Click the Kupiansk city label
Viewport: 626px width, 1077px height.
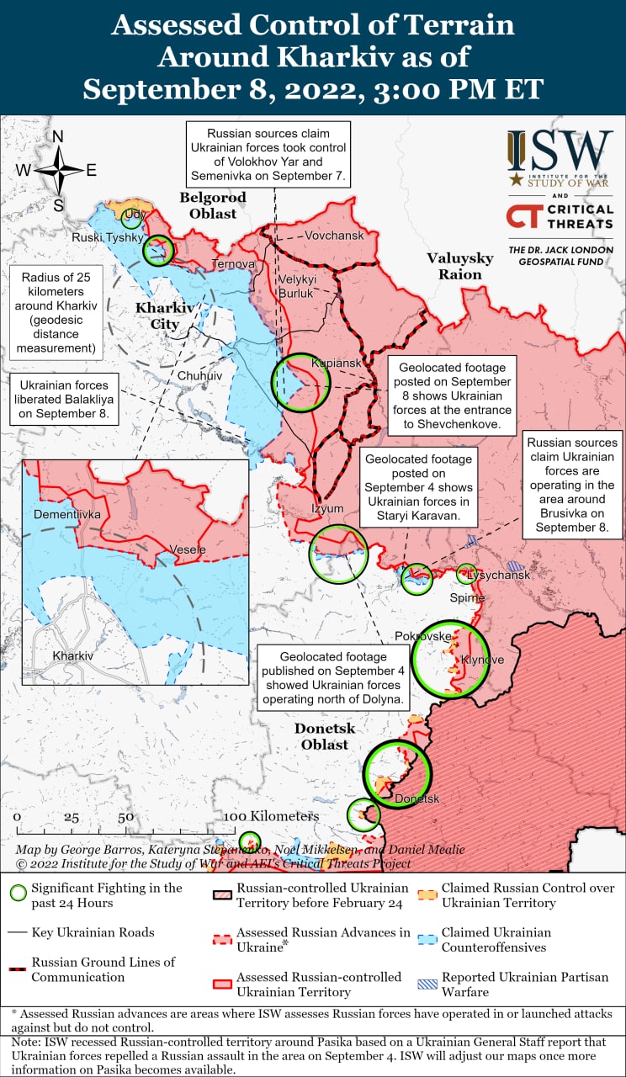[x=330, y=363]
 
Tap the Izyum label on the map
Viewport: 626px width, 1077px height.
[x=327, y=509]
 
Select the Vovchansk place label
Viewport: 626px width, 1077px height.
[x=334, y=236]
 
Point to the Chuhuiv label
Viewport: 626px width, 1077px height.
[x=199, y=376]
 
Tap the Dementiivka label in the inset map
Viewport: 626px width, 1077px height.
[x=66, y=513]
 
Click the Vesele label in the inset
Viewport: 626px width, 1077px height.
[x=188, y=549]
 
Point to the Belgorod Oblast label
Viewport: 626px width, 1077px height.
[x=213, y=205]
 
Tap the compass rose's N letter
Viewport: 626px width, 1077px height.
[x=58, y=137]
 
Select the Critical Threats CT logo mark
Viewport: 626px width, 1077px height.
[x=522, y=215]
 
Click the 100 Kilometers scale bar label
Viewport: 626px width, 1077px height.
[x=272, y=816]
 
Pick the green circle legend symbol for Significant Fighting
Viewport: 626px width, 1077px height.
[x=18, y=894]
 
